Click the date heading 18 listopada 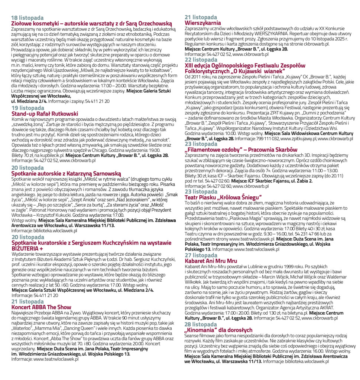click(x=27, y=18)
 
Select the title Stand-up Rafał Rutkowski click(x=45, y=114)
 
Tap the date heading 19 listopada click(x=27, y=108)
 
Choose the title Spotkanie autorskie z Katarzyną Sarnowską click(x=66, y=173)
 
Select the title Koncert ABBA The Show click(x=41, y=307)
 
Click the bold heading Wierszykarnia click(x=203, y=23)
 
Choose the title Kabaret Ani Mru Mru click(x=211, y=261)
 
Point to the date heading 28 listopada click(x=201, y=324)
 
